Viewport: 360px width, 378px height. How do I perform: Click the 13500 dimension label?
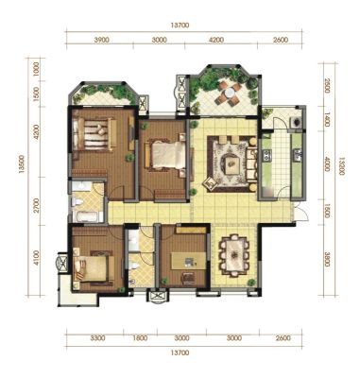pyautogui.click(x=21, y=164)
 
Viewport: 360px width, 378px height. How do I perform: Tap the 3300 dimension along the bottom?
pyautogui.click(x=98, y=338)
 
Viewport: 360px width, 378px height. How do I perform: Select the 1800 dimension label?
pyautogui.click(x=140, y=338)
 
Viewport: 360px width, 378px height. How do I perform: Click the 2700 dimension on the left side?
pyautogui.click(x=37, y=205)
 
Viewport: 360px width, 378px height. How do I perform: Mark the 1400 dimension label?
pyautogui.click(x=327, y=121)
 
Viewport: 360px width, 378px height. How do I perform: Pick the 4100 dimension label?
pyautogui.click(x=37, y=258)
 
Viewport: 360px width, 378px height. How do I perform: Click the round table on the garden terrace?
pyautogui.click(x=228, y=93)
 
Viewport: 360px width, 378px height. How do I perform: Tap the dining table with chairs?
pyautogui.click(x=234, y=254)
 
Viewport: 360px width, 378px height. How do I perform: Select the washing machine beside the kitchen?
pyautogui.click(x=296, y=121)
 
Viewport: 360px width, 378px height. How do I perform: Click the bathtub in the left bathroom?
pyautogui.click(x=88, y=216)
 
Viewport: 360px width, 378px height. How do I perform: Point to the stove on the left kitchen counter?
pyautogui.click(x=267, y=155)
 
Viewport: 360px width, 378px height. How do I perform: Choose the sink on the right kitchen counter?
pyautogui.click(x=298, y=155)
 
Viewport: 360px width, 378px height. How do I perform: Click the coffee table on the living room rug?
pyautogui.click(x=232, y=163)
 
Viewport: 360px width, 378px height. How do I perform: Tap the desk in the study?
pyautogui.click(x=188, y=261)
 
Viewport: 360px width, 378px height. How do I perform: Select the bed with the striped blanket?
pyautogui.click(x=94, y=135)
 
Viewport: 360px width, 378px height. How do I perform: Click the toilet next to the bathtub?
pyautogui.click(x=77, y=202)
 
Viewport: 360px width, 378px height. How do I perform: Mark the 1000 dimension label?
pyautogui.click(x=37, y=68)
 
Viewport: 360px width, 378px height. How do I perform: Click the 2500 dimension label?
pyautogui.click(x=327, y=85)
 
